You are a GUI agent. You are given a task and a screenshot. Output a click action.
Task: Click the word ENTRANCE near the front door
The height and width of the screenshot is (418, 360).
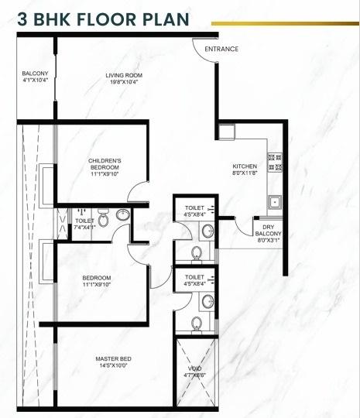[x=221, y=49]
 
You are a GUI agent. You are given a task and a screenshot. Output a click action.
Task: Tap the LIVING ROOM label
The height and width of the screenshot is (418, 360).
[x=126, y=75]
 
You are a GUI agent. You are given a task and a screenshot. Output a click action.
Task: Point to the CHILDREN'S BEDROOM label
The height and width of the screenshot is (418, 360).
[x=104, y=164]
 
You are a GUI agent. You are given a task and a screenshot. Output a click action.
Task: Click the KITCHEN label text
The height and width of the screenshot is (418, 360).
[x=245, y=167]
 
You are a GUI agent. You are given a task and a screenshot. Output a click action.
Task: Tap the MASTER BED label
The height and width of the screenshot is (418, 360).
[x=113, y=358]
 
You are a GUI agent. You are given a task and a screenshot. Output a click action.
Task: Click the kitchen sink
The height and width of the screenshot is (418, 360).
[x=275, y=202]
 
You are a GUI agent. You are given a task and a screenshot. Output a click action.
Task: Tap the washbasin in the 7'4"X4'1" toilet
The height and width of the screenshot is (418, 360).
[x=81, y=211]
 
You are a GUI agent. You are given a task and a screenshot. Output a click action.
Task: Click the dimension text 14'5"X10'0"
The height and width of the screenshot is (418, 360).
[x=112, y=365]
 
